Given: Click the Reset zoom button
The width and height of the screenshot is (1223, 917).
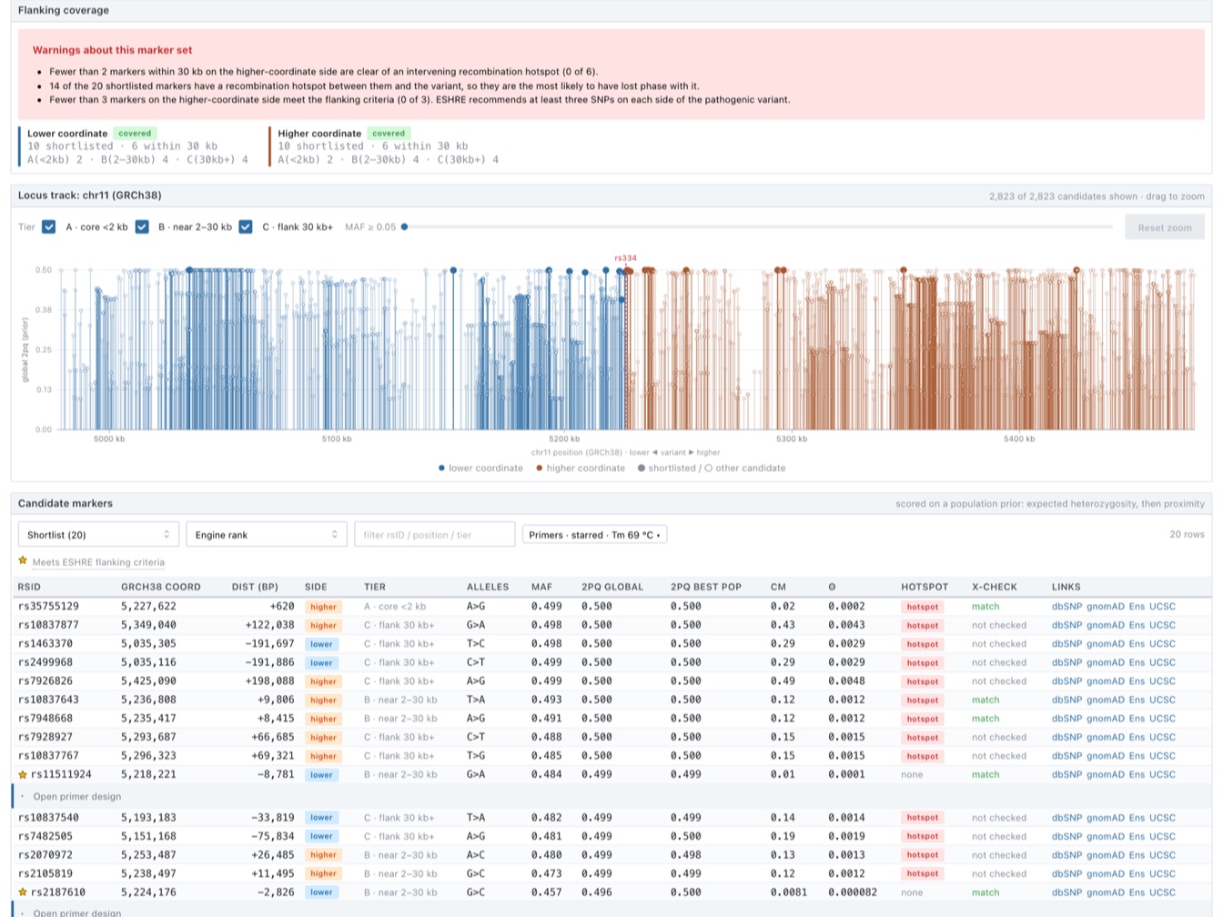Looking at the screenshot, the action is pyautogui.click(x=1164, y=227).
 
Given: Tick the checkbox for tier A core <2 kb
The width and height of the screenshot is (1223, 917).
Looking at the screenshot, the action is pyautogui.click(x=49, y=227).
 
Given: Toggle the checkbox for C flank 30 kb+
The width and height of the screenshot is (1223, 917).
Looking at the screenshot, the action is pyautogui.click(x=246, y=227).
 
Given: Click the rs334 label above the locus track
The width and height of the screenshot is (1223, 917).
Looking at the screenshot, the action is pyautogui.click(x=625, y=257).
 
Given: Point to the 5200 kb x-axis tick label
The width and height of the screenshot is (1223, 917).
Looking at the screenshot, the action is pyautogui.click(x=564, y=438).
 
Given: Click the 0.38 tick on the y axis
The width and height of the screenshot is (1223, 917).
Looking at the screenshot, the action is pyautogui.click(x=44, y=309).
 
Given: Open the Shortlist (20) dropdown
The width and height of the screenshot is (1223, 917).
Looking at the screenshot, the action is pyautogui.click(x=98, y=535).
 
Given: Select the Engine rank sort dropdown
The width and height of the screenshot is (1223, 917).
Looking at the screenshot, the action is pyautogui.click(x=267, y=535).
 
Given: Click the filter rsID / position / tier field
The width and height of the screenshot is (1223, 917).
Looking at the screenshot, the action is pyautogui.click(x=434, y=535).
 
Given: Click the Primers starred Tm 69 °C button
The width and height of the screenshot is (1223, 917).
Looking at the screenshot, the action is pyautogui.click(x=594, y=535).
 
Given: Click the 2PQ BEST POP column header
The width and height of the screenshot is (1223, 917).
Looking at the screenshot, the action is pyautogui.click(x=706, y=587).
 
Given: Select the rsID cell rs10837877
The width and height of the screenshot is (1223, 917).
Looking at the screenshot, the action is pyautogui.click(x=48, y=625).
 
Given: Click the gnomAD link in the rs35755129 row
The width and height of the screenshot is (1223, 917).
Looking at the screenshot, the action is pyautogui.click(x=1106, y=606).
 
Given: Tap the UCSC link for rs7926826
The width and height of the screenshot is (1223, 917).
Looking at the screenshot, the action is pyautogui.click(x=1162, y=681).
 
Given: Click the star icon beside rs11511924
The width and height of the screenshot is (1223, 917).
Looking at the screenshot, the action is pyautogui.click(x=23, y=774).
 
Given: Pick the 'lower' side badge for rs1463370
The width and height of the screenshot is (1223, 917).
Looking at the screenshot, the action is pyautogui.click(x=321, y=643).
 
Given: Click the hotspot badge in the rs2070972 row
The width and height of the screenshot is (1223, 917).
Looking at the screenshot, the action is pyautogui.click(x=922, y=854).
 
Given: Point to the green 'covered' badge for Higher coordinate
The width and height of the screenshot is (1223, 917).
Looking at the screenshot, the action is pyautogui.click(x=389, y=133).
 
